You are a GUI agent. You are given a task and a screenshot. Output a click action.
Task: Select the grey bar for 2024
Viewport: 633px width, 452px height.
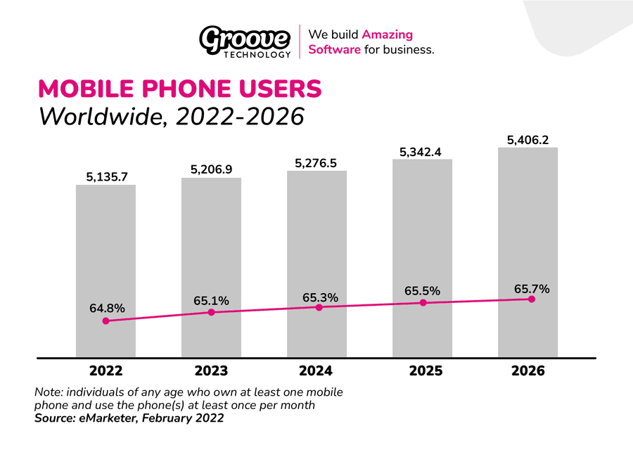316,239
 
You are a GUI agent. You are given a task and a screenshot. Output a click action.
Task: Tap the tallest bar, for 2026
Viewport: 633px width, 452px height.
527,225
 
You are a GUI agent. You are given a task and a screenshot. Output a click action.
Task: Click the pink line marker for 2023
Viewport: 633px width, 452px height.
211,312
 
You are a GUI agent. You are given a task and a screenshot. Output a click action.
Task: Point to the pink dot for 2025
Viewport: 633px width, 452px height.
423,303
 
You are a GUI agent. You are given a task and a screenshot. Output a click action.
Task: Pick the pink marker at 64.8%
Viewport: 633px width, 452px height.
105,321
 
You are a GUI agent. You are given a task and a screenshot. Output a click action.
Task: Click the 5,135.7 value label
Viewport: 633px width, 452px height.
106,177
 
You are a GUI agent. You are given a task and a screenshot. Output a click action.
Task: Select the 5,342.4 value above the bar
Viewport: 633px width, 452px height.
423,151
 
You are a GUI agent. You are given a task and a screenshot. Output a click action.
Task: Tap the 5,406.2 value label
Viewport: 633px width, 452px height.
528,140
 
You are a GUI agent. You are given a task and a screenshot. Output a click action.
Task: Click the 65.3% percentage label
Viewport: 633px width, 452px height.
320,297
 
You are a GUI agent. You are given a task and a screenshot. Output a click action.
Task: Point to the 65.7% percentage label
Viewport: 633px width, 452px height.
531,289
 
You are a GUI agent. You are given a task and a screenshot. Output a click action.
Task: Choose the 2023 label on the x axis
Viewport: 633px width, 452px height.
211,370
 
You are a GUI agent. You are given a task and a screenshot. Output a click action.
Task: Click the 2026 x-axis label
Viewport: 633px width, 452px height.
527,370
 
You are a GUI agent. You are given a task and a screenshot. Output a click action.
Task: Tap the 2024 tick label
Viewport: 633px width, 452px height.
316,370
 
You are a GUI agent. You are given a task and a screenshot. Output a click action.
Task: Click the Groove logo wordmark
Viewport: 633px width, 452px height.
245,38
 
